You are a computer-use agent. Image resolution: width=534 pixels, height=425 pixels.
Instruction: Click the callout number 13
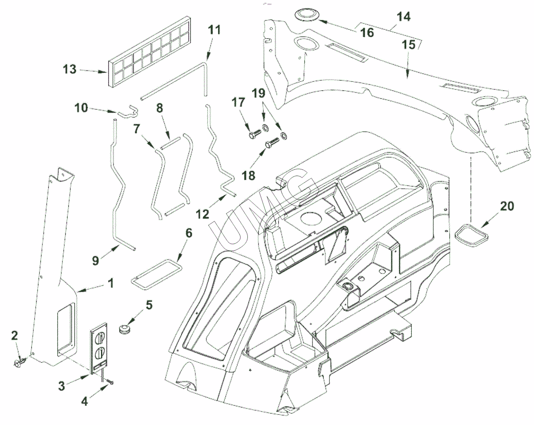click(69, 70)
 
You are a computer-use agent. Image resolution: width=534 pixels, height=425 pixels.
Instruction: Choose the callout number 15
click(409, 45)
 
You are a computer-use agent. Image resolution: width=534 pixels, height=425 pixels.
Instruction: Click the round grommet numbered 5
click(124, 329)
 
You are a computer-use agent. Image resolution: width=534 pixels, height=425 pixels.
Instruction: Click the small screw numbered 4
click(110, 381)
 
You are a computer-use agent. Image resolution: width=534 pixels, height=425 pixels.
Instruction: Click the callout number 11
click(214, 31)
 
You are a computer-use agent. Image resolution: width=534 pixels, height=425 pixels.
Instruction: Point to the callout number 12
click(203, 214)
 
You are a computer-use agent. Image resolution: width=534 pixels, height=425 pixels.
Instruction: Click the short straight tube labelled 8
click(171, 142)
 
